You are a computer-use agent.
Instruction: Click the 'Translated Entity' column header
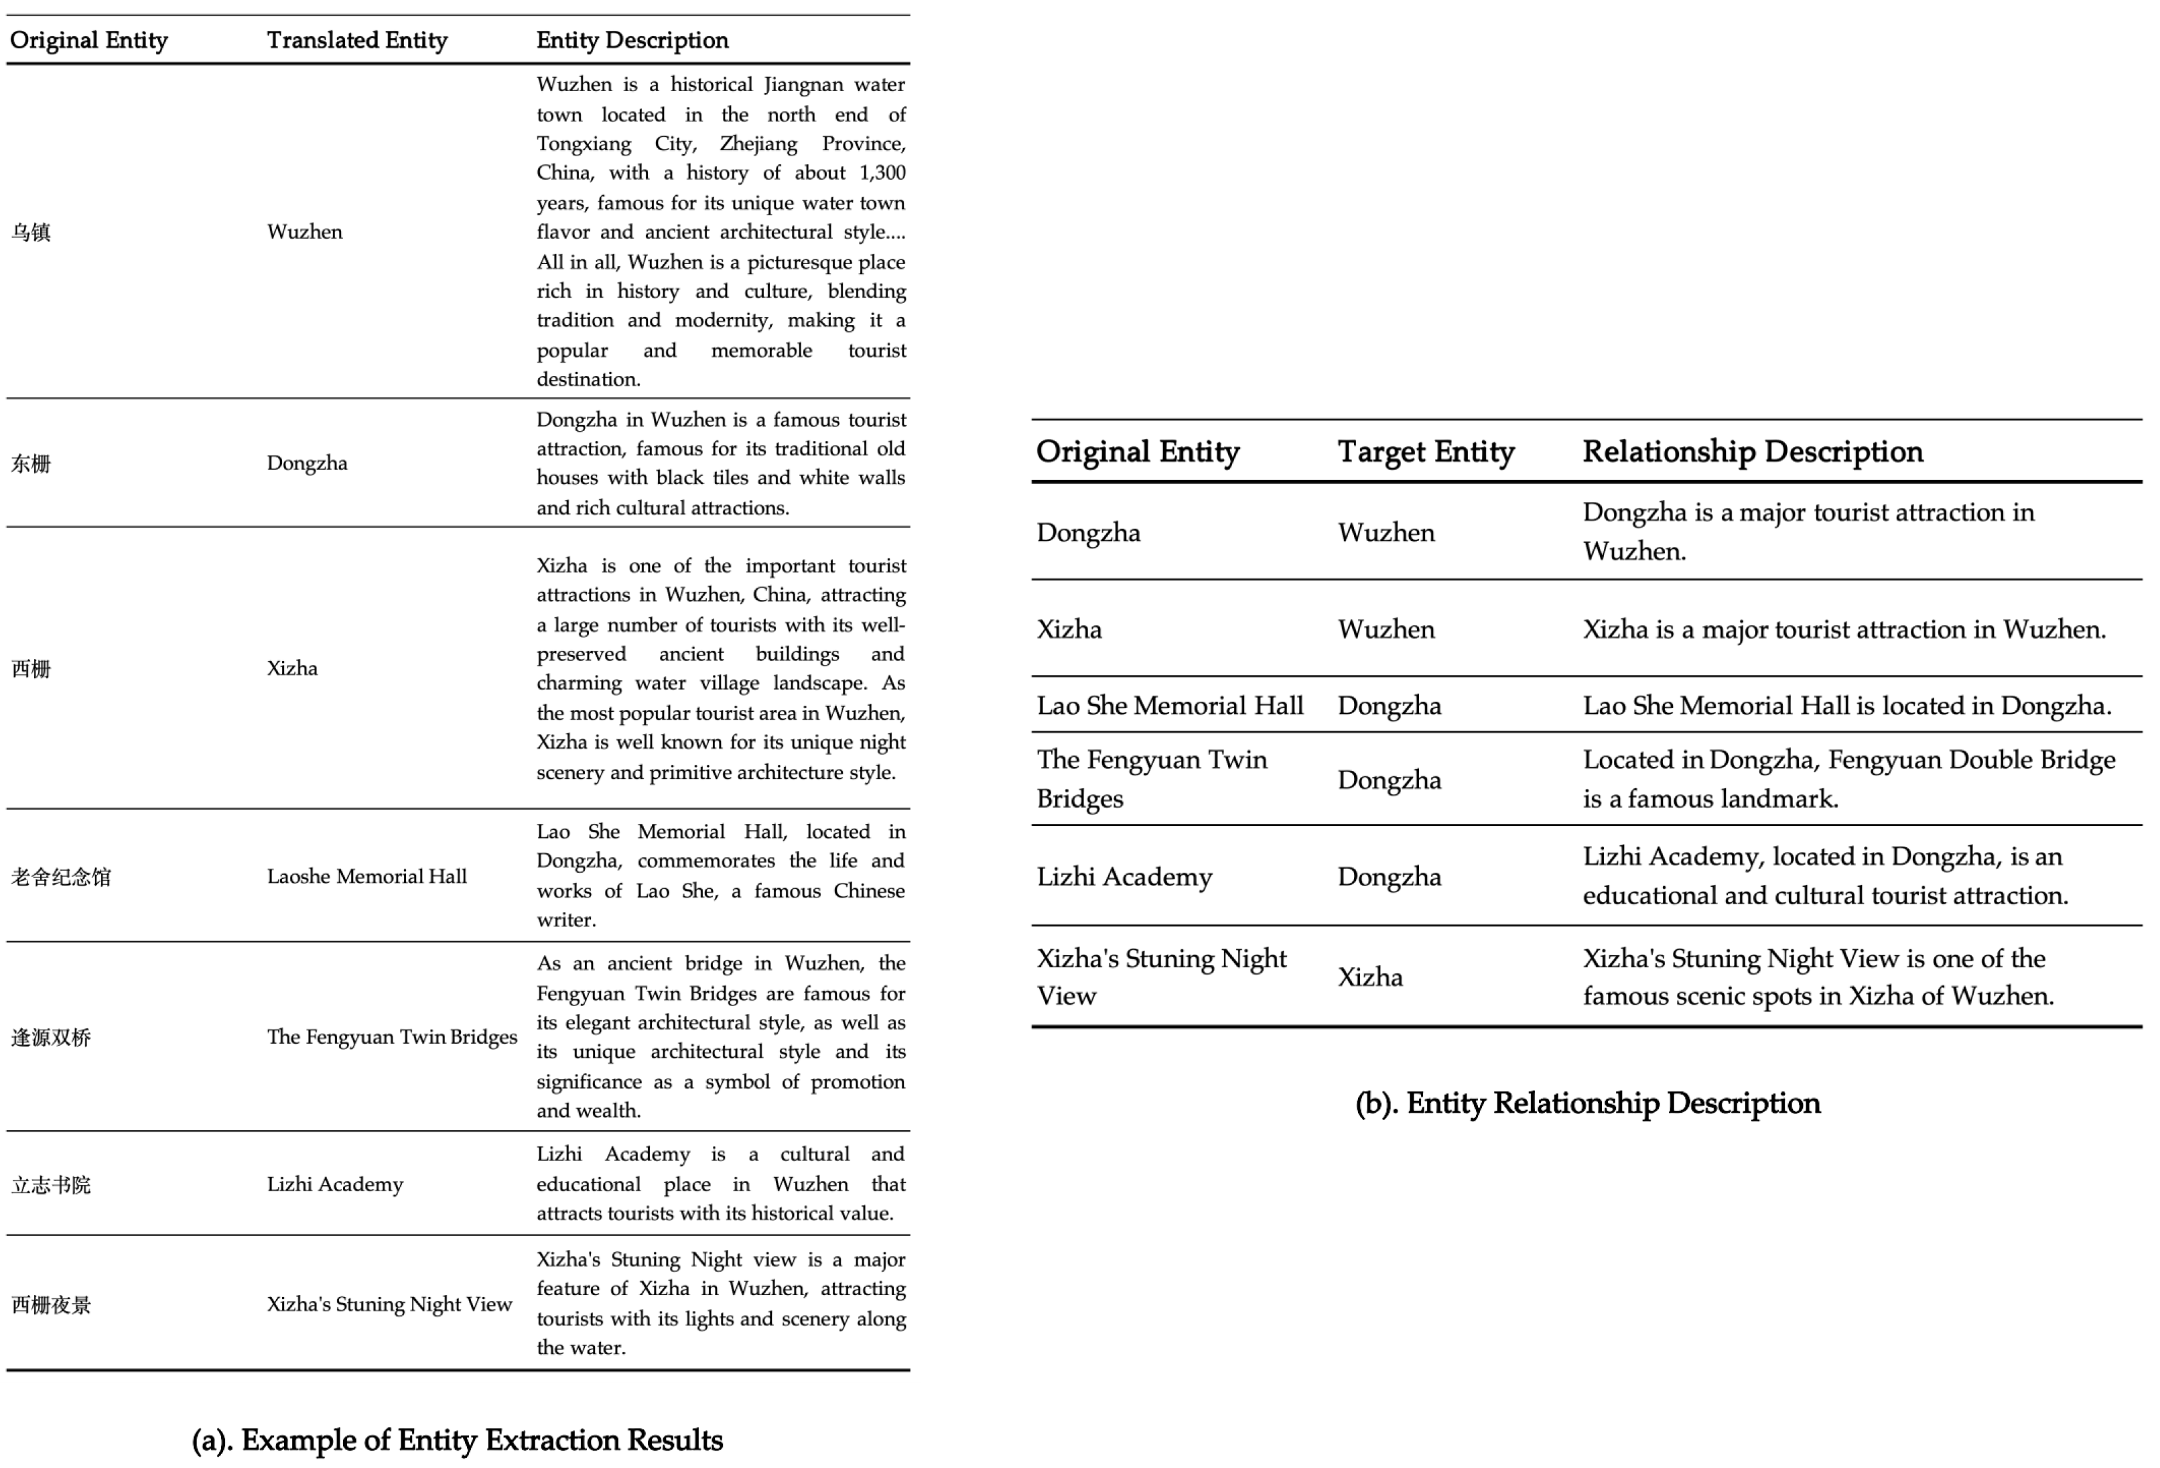pos(357,40)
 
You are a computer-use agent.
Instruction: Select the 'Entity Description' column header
pos(632,40)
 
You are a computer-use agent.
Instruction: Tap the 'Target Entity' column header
pos(1425,452)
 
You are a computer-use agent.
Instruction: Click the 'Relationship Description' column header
pos(1752,452)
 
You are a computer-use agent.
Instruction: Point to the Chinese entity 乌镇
pos(31,233)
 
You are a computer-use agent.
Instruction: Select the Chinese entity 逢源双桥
pos(51,1038)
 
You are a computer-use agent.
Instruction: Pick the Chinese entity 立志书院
pos(51,1185)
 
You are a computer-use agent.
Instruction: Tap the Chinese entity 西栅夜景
pos(51,1305)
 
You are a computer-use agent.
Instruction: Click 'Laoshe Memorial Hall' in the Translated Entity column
pos(366,877)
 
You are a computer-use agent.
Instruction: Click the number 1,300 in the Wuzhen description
pos(882,173)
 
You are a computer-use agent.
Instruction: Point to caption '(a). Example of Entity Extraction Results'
pos(458,1440)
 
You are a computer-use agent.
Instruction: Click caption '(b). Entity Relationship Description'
pos(1587,1103)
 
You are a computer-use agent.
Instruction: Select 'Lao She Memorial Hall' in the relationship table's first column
pos(1169,706)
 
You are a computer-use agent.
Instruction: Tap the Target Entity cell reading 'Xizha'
pos(1370,977)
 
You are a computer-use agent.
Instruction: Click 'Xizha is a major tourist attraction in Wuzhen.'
pos(1844,629)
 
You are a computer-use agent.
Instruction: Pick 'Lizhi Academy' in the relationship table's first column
pos(1124,877)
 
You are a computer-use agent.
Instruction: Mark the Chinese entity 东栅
pos(31,464)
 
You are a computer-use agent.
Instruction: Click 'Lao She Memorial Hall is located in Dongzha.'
pos(1846,706)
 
